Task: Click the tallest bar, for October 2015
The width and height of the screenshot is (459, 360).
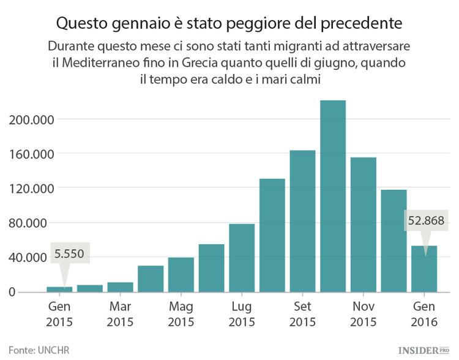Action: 333,196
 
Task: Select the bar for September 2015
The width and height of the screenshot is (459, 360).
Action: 302,221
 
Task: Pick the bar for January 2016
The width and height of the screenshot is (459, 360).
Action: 424,269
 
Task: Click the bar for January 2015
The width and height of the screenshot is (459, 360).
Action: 59,289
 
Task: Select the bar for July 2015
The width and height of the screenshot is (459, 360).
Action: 242,258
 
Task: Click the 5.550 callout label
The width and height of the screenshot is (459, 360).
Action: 69,253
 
